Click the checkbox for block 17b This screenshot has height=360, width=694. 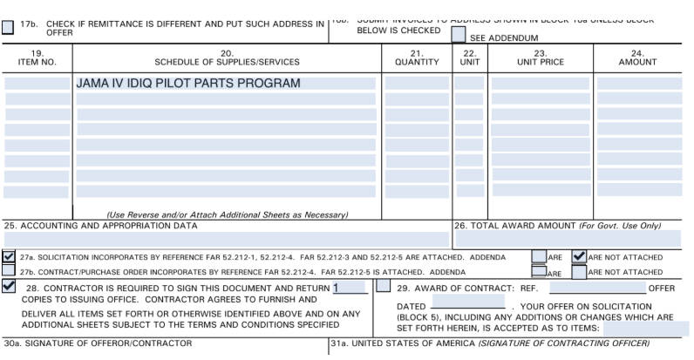[8, 27]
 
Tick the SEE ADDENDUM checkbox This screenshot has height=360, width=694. [459, 35]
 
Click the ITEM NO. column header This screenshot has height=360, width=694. [37, 58]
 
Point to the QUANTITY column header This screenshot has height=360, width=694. [417, 58]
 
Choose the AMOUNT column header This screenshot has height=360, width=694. [637, 58]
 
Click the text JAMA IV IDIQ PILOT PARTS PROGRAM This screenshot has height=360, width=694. [188, 84]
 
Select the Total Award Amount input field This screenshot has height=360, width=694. [568, 239]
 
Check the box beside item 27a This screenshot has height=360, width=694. [9, 257]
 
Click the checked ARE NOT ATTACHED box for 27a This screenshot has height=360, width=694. [579, 257]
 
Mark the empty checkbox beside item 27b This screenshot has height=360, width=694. [9, 271]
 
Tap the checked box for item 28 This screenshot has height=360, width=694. [9, 286]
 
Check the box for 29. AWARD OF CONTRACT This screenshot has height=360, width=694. [384, 286]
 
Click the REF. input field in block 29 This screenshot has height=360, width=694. [597, 288]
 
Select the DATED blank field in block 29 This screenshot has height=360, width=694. [467, 306]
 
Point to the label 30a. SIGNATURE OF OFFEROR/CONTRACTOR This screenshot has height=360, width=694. [98, 343]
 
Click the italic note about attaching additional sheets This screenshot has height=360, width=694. [227, 214]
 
